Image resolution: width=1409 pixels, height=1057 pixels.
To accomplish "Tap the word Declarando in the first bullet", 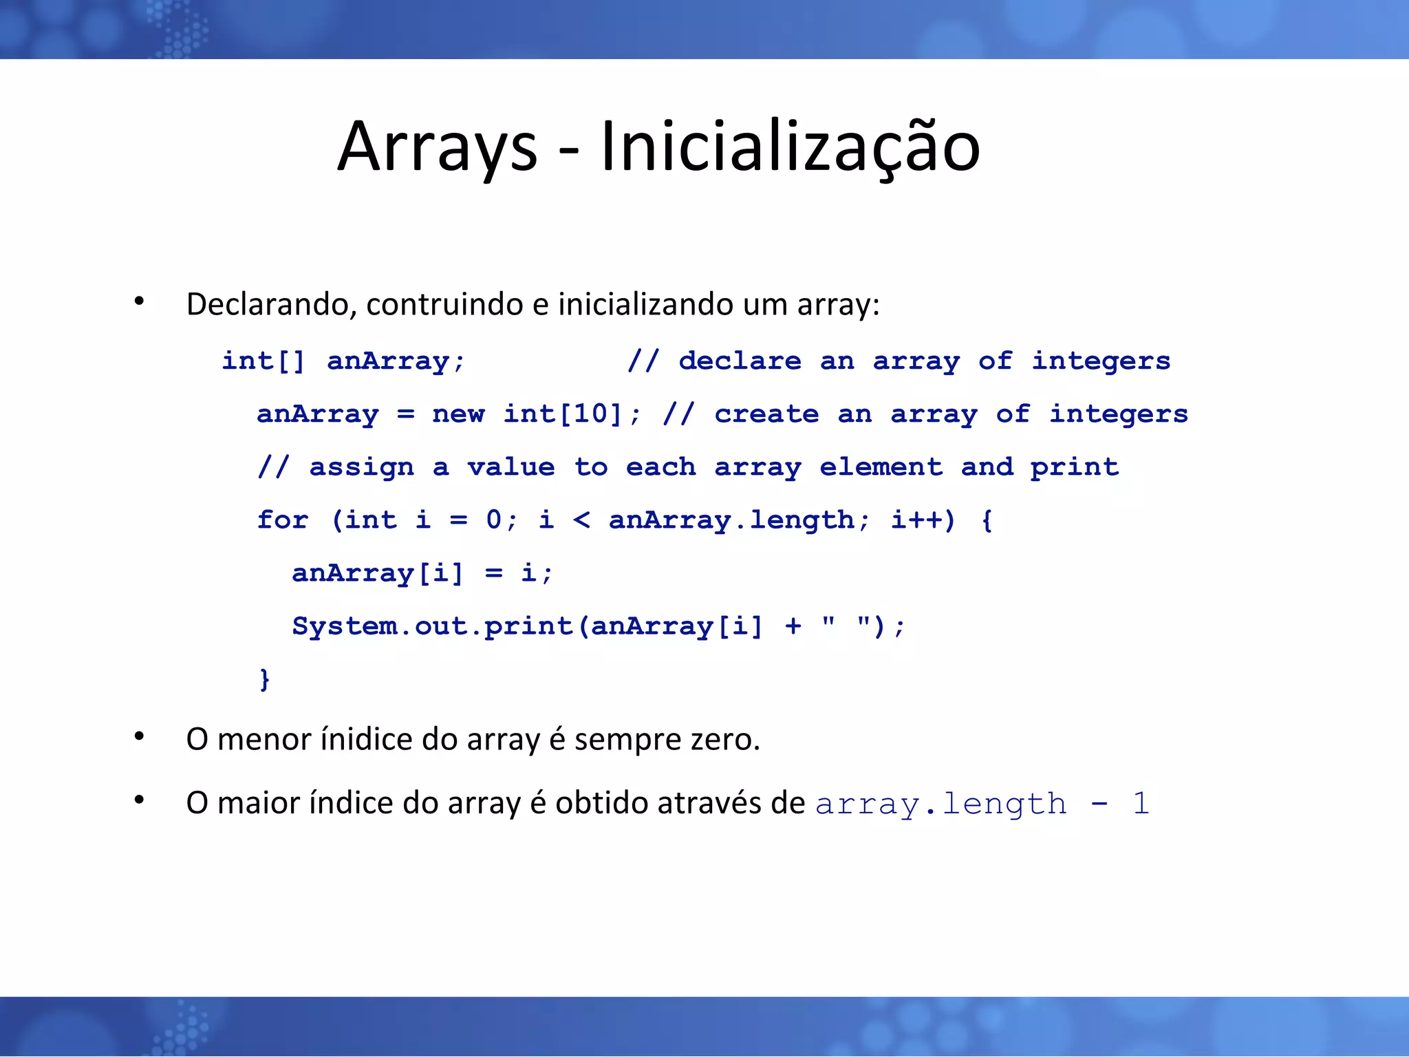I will pyautogui.click(x=270, y=304).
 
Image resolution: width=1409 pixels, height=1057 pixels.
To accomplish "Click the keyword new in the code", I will pyautogui.click(x=458, y=414).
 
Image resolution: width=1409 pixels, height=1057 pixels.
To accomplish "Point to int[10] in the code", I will pyautogui.click(x=563, y=414).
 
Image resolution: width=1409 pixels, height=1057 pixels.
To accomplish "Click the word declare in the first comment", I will pyautogui.click(x=740, y=361).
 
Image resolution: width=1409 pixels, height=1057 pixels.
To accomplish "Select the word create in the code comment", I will pyautogui.click(x=766, y=414).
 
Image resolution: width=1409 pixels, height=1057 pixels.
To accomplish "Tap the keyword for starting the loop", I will pyautogui.click(x=283, y=520).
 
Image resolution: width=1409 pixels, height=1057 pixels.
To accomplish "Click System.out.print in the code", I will pyautogui.click(x=432, y=626).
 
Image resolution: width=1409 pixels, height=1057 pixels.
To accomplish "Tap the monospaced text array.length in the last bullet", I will pyautogui.click(x=940, y=804).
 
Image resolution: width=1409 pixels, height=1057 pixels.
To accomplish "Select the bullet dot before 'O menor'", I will pyautogui.click(x=140, y=737).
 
